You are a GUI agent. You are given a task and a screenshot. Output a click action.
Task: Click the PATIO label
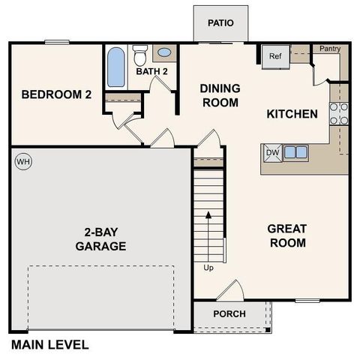(221, 22)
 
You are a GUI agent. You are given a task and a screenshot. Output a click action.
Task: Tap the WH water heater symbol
(22, 161)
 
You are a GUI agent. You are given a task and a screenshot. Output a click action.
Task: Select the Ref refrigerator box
(274, 56)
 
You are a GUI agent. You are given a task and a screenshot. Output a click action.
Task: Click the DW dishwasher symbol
(271, 152)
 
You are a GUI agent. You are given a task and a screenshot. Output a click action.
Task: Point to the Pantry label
(330, 49)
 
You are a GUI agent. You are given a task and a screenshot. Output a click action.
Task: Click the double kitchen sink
(295, 152)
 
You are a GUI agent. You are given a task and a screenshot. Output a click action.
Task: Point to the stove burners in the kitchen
(339, 112)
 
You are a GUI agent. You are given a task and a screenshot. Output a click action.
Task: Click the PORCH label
(229, 313)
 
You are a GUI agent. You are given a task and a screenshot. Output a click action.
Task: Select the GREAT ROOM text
(287, 236)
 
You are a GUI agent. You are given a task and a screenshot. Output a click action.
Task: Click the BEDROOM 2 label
(56, 94)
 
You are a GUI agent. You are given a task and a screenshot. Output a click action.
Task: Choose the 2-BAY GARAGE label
(100, 238)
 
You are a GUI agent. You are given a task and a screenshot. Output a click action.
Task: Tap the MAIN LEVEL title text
(49, 345)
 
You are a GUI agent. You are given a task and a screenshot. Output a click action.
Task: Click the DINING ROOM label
(219, 95)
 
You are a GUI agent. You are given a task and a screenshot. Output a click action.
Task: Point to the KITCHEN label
(292, 114)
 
